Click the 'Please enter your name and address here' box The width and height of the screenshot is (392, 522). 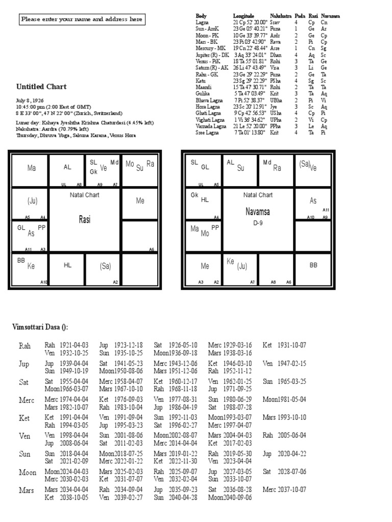[x=82, y=20]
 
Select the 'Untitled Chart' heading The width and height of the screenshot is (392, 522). [x=41, y=87]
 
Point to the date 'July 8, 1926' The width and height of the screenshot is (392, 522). [x=31, y=101]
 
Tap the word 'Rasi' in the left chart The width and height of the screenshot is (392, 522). [x=84, y=219]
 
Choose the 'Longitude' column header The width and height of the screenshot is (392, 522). [x=243, y=16]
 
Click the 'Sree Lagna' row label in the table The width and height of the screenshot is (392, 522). [x=207, y=132]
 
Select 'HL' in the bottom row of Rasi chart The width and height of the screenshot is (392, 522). [x=67, y=265]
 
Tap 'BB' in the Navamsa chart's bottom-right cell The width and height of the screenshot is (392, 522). [x=313, y=265]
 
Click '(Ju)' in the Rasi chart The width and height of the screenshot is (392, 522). [x=32, y=201]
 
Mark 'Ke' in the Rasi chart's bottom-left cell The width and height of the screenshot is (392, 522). [x=31, y=266]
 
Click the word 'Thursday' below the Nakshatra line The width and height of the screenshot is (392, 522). [x=27, y=136]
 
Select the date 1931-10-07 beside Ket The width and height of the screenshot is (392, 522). [x=291, y=345]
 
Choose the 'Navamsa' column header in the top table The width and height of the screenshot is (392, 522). [x=330, y=16]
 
